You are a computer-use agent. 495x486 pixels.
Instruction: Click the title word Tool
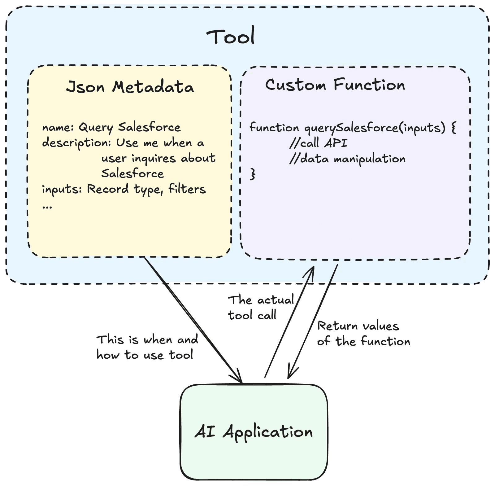(231, 36)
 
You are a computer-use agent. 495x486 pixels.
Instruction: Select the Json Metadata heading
(130, 87)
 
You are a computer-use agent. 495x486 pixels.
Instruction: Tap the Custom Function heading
(335, 85)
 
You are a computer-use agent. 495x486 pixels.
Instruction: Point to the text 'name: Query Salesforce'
(111, 127)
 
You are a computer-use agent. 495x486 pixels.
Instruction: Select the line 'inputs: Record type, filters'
(124, 189)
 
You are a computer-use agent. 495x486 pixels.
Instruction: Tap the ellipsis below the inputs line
(47, 206)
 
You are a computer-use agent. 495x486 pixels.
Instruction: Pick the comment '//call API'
(319, 143)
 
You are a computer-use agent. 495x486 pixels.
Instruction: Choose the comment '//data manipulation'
(347, 159)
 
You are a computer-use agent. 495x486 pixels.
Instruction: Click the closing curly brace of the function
(253, 174)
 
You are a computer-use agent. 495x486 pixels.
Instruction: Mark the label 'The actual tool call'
(261, 308)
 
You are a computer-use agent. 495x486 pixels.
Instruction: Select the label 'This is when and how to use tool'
(147, 347)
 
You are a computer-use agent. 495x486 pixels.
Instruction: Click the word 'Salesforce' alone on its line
(132, 173)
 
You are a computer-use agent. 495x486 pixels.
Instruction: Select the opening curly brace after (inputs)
(454, 127)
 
